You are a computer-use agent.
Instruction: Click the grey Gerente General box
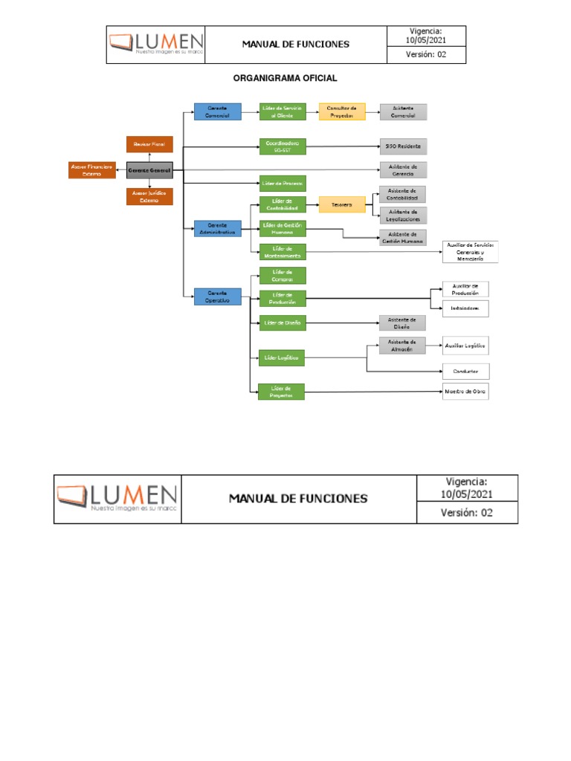(149, 170)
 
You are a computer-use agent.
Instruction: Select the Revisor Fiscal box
(149, 144)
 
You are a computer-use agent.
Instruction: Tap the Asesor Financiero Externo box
(91, 170)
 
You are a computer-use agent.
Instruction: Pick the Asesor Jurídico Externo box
(149, 196)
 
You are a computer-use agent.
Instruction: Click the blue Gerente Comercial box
(217, 111)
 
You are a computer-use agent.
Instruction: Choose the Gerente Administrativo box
(217, 228)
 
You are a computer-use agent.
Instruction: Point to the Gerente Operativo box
(217, 297)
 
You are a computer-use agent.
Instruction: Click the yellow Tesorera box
(342, 204)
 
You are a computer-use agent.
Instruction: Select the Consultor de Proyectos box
(342, 111)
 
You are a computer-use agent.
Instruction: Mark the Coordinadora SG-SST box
(283, 146)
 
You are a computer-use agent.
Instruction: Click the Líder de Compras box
(283, 276)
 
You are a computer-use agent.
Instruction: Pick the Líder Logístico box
(283, 357)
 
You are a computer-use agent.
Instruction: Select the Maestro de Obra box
(465, 391)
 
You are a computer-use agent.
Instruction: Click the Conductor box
(465, 371)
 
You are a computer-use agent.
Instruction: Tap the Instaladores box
(465, 308)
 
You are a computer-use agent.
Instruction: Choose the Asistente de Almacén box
(402, 346)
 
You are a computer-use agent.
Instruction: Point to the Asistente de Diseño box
(402, 323)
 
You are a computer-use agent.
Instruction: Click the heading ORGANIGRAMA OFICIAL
(285, 78)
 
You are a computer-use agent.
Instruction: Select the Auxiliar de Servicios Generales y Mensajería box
(470, 252)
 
